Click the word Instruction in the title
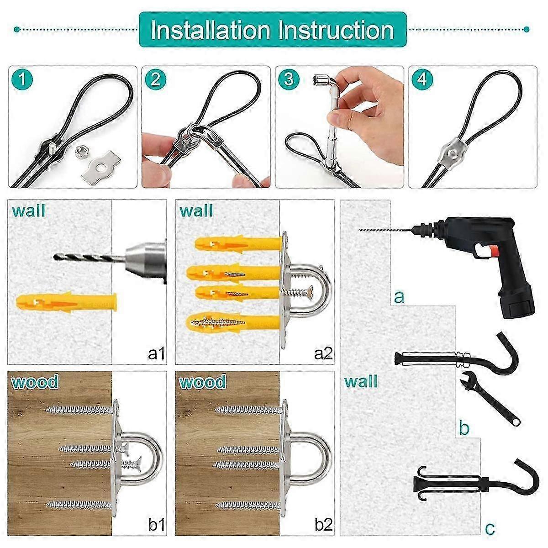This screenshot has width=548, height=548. pos(336,30)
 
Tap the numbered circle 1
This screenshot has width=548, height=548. pos(23,79)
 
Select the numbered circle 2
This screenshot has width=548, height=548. pos(155,79)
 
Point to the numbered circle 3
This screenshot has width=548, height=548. pos(289,79)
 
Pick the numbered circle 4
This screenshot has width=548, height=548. pos(422,79)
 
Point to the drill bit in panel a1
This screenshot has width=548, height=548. pos(84,258)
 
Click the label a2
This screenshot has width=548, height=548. pos(323,353)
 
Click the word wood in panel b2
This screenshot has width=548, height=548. pos(202,382)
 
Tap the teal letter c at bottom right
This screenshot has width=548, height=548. pos(490,528)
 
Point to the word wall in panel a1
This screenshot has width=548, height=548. pos(28,211)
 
